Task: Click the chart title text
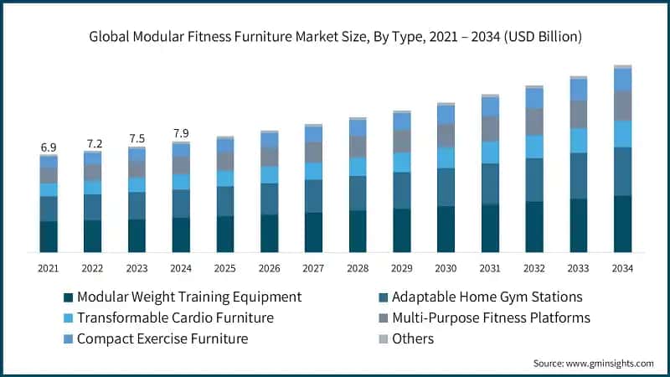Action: point(335,37)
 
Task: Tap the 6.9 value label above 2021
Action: point(49,147)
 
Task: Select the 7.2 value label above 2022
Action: point(92,144)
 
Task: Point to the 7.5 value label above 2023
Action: point(137,139)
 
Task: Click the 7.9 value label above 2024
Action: point(181,134)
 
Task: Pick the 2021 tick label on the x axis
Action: point(49,268)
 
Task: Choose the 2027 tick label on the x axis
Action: point(313,268)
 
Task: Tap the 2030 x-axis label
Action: point(446,268)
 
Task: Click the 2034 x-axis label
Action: point(622,268)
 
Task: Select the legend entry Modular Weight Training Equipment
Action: point(180,297)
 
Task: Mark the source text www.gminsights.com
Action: point(593,363)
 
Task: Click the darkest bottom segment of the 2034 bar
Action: point(622,224)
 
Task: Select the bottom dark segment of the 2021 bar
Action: point(49,236)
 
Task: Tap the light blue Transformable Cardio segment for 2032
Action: point(534,147)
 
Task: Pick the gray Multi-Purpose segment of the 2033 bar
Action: point(579,114)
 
